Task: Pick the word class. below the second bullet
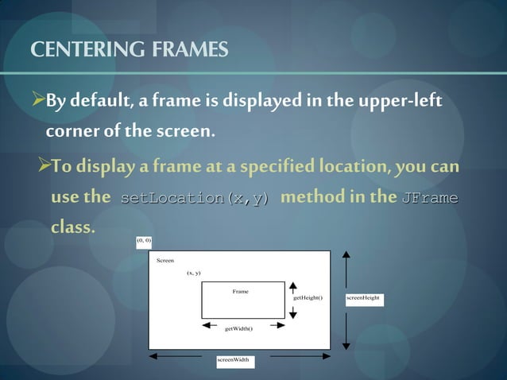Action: [x=72, y=227]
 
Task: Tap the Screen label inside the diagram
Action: [x=165, y=260]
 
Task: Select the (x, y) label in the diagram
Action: [x=193, y=273]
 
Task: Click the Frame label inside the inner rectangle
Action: [x=240, y=292]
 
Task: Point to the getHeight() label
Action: [x=308, y=297]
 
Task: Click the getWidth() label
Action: [x=238, y=328]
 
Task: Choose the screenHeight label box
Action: [x=364, y=298]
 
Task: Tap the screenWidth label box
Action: [x=234, y=360]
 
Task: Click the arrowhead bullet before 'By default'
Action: [x=37, y=103]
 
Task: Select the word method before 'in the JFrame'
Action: [x=308, y=197]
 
